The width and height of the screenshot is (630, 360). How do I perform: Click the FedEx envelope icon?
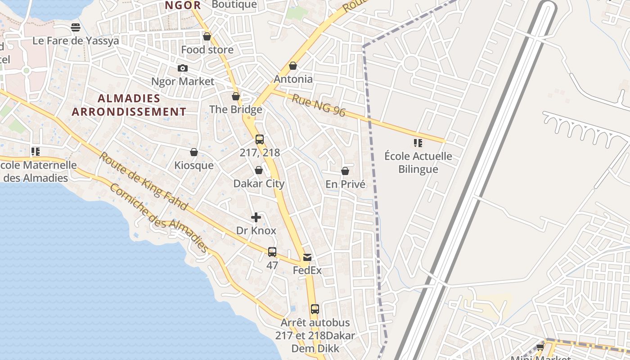coord(307,257)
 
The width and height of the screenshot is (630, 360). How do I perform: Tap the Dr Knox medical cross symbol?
coord(256,218)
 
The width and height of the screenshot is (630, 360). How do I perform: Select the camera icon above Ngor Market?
coord(182,68)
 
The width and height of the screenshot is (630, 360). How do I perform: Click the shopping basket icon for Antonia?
coord(293,66)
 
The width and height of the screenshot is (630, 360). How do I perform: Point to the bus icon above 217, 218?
coord(260,139)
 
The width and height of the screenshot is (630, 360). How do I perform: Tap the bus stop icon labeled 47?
coord(272,252)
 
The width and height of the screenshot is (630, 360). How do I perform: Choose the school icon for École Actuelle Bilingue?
coord(418,143)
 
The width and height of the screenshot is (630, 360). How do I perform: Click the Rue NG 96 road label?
coord(319,106)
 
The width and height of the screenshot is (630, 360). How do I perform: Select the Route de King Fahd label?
coord(143,181)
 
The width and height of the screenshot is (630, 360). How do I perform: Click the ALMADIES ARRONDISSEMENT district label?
coord(129,105)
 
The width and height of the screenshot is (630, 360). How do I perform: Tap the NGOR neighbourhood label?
coord(182,5)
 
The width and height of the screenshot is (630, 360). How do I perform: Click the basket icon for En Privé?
coord(345,171)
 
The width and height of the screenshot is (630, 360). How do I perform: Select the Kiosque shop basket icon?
coord(194,153)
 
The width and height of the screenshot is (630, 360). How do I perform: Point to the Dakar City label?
coord(259,184)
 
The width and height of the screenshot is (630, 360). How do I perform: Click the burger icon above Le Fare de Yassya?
coord(76,28)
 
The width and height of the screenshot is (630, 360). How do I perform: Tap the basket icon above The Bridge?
coord(236,97)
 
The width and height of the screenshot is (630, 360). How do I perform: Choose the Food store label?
coord(207,49)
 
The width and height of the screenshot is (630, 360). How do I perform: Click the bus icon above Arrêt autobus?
coord(315,309)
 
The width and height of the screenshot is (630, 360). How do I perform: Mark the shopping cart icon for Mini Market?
coord(540,347)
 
